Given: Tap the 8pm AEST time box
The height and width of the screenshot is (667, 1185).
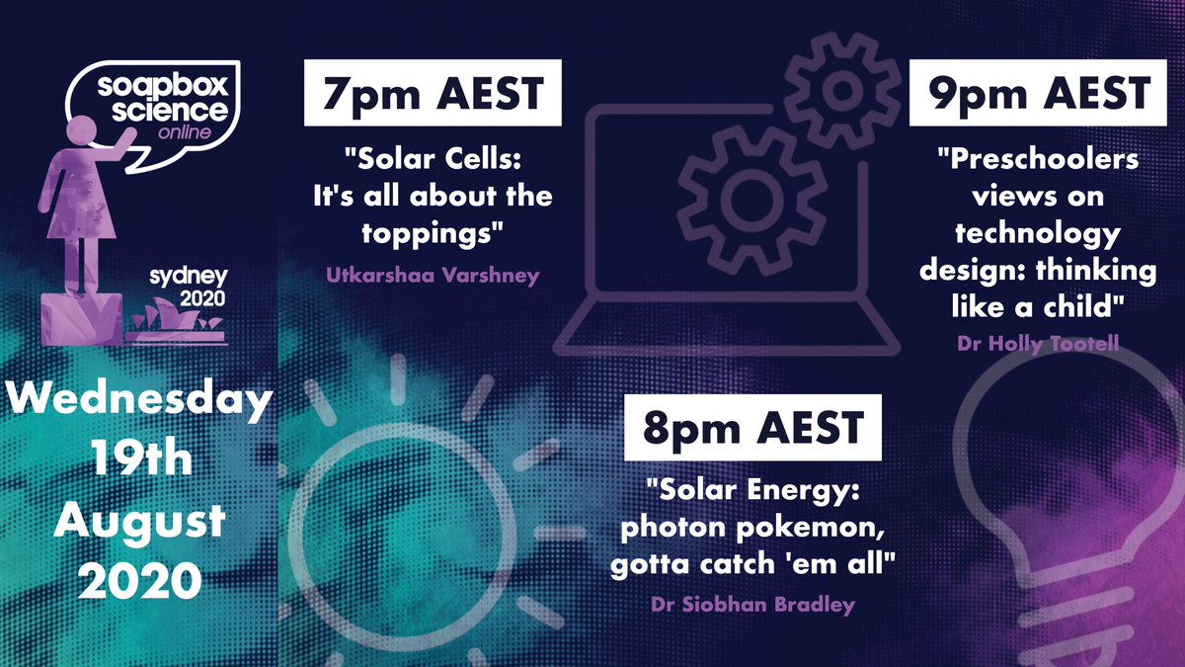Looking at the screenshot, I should (752, 429).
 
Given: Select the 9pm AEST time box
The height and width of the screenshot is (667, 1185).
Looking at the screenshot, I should (1032, 94).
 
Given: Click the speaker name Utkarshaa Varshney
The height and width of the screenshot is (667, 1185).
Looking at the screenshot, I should (433, 275).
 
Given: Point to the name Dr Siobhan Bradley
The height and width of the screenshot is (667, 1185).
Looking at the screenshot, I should (751, 605).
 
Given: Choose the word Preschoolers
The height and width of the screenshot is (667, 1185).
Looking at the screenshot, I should (1037, 160).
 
